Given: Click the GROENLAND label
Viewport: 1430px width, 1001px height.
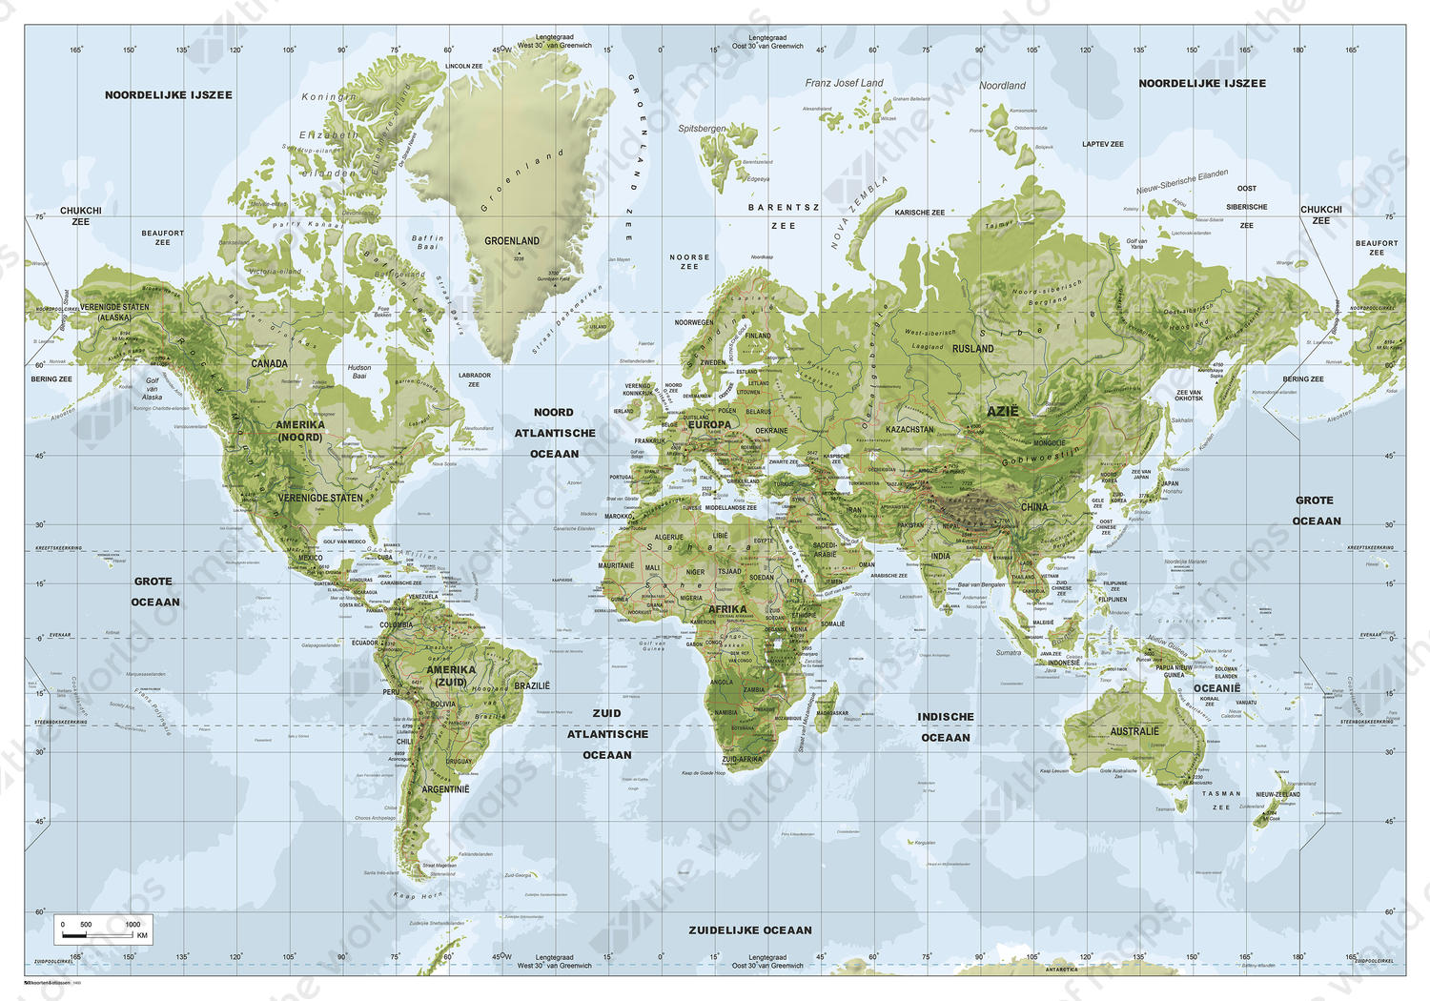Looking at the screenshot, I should click(511, 241).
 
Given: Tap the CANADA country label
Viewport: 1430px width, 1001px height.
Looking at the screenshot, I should click(269, 363).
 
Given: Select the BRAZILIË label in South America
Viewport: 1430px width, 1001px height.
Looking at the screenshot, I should click(532, 685).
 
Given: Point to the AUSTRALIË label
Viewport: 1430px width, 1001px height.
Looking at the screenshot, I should click(1134, 731).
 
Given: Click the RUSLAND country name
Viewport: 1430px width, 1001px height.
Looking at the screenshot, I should click(972, 349).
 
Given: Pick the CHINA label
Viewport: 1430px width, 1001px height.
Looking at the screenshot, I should click(1033, 507).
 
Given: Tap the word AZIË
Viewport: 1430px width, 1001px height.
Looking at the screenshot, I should click(1002, 412).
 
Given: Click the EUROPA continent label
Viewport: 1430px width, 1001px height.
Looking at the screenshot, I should click(709, 425).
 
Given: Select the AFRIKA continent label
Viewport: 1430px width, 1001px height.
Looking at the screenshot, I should click(726, 609).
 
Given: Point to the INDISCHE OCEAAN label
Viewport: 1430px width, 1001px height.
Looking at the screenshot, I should click(945, 726).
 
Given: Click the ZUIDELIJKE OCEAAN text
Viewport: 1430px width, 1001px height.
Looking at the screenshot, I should click(750, 929).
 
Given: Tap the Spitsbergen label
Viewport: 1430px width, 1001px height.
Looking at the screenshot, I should click(702, 128).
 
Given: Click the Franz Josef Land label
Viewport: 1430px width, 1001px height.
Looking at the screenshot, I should click(844, 83).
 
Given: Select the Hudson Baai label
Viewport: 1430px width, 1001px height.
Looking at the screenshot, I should click(359, 371).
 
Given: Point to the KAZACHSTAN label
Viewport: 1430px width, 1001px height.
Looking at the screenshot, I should click(909, 430).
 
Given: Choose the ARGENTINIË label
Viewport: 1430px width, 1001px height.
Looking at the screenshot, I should click(445, 789).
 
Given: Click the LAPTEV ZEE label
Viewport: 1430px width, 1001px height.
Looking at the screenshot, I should click(1102, 144).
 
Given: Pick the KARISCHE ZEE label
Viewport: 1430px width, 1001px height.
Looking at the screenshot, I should click(919, 213).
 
